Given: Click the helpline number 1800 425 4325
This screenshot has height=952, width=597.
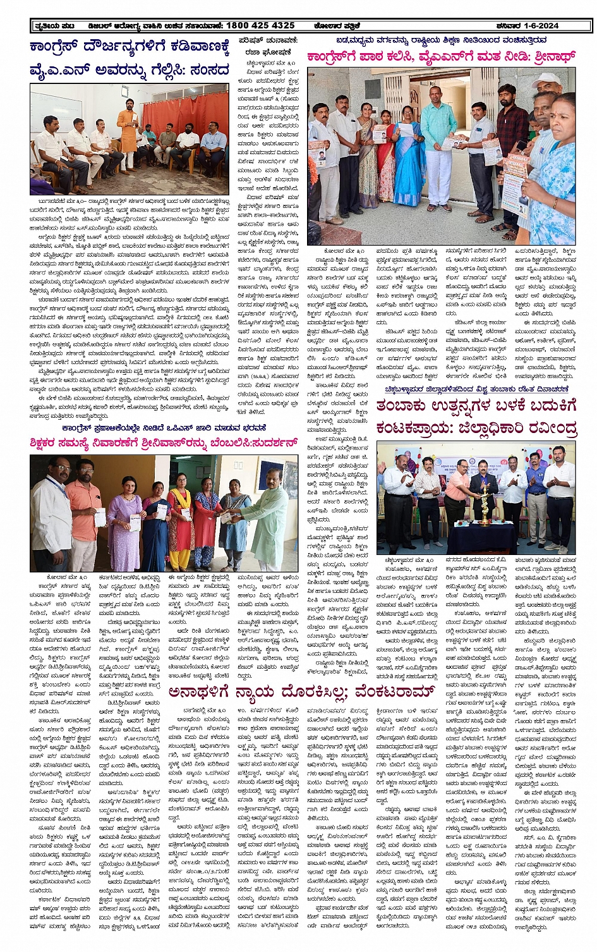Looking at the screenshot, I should [260, 25].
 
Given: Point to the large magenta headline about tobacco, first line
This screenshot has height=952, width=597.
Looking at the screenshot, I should [475, 405].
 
